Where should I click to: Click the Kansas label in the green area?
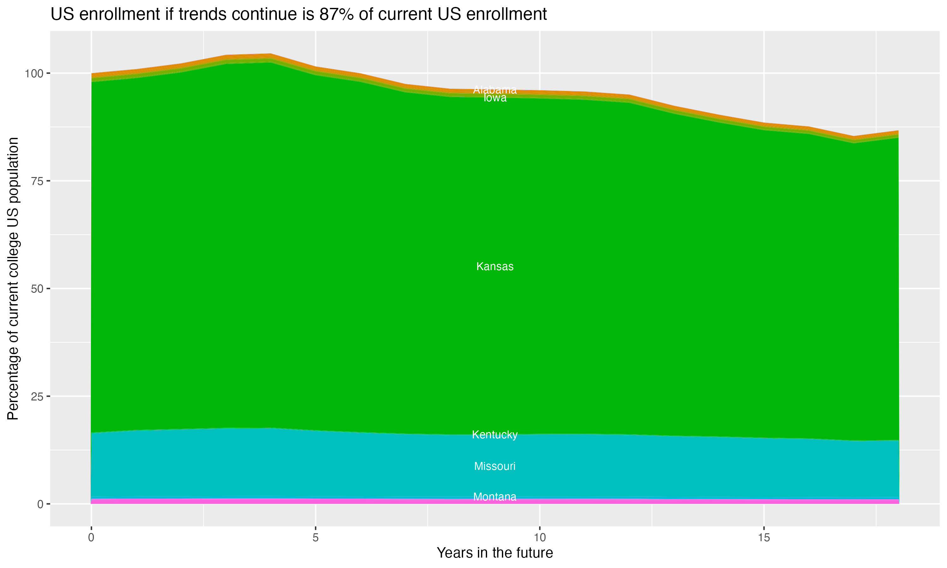point(495,266)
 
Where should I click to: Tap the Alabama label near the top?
point(495,90)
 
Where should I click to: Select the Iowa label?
point(495,98)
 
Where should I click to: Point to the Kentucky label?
point(495,435)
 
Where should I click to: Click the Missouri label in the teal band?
point(495,466)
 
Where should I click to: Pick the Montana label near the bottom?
point(495,497)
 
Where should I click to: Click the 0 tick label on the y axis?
point(40,504)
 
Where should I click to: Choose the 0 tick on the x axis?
point(91,538)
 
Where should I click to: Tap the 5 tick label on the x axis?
point(315,538)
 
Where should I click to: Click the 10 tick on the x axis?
point(539,538)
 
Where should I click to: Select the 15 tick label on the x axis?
point(764,538)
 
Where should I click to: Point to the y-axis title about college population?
point(13,278)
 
